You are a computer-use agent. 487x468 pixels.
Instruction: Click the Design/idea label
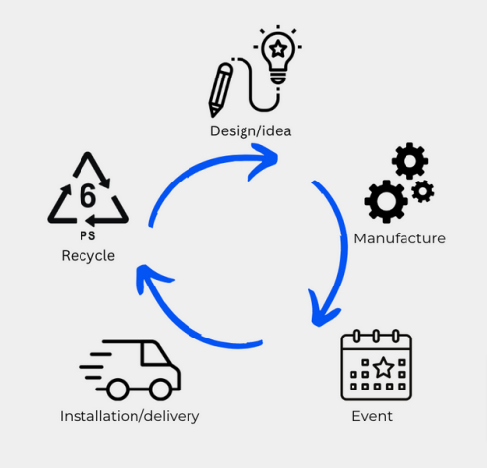(250, 131)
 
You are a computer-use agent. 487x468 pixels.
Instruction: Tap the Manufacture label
(400, 238)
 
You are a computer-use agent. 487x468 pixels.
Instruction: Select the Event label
(372, 416)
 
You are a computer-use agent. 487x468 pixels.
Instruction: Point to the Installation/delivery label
(130, 416)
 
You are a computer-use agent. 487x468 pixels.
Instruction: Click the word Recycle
(88, 255)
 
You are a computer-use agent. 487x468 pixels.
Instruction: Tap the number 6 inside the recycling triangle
(87, 195)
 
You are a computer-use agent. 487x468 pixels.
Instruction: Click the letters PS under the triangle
(87, 235)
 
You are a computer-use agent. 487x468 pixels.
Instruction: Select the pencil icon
(220, 89)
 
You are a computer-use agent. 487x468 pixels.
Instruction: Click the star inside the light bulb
(278, 49)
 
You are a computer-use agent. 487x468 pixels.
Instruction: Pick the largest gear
(386, 201)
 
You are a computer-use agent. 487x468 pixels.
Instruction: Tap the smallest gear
(423, 191)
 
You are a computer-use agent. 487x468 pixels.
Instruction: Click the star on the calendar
(384, 367)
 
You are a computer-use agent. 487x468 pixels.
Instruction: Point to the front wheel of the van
(160, 390)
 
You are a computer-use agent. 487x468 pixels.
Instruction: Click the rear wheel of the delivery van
(118, 390)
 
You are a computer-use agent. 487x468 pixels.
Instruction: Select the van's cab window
(154, 354)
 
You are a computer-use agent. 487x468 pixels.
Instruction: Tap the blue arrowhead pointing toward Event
(322, 311)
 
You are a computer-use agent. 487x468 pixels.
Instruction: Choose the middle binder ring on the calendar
(376, 336)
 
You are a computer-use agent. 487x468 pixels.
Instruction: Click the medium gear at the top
(409, 161)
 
